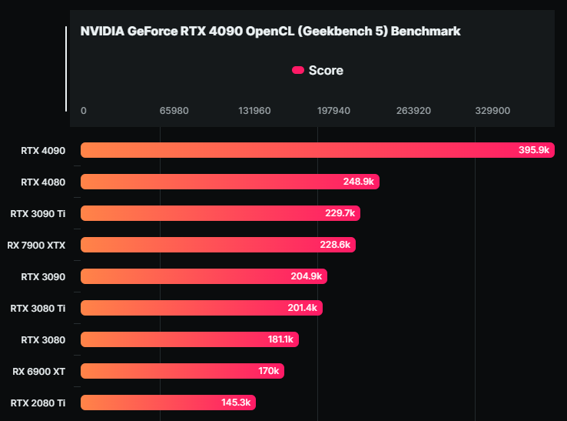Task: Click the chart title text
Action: tap(270, 32)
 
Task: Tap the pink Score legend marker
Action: tap(298, 71)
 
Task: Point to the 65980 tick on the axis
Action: tap(174, 111)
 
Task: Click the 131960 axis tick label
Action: tap(254, 111)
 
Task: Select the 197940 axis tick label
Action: tap(333, 111)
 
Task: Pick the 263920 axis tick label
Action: tap(413, 111)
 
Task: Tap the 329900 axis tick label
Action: tap(492, 111)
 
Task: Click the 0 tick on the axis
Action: tap(84, 111)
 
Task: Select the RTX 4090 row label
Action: tap(43, 151)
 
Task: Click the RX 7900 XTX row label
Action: tap(37, 246)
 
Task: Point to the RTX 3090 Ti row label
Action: tap(38, 214)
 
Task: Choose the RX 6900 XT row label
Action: tap(39, 371)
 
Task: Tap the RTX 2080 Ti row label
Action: tap(38, 403)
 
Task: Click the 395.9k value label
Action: tap(534, 151)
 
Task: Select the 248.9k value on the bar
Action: tap(358, 182)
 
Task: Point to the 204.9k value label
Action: tap(307, 277)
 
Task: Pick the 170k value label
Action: tap(268, 371)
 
